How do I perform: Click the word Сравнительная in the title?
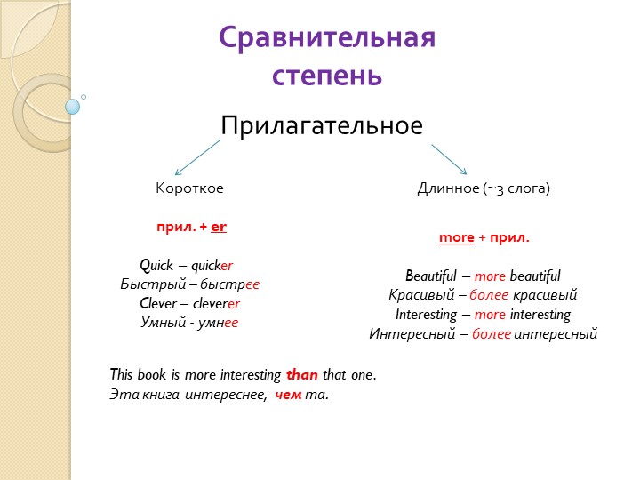327,39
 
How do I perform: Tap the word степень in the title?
327,76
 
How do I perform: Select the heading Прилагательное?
321,126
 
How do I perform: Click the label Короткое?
189,189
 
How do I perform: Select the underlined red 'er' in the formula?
219,227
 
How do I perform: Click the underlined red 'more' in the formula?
456,238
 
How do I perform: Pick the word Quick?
157,265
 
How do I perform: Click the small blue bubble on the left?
73,107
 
